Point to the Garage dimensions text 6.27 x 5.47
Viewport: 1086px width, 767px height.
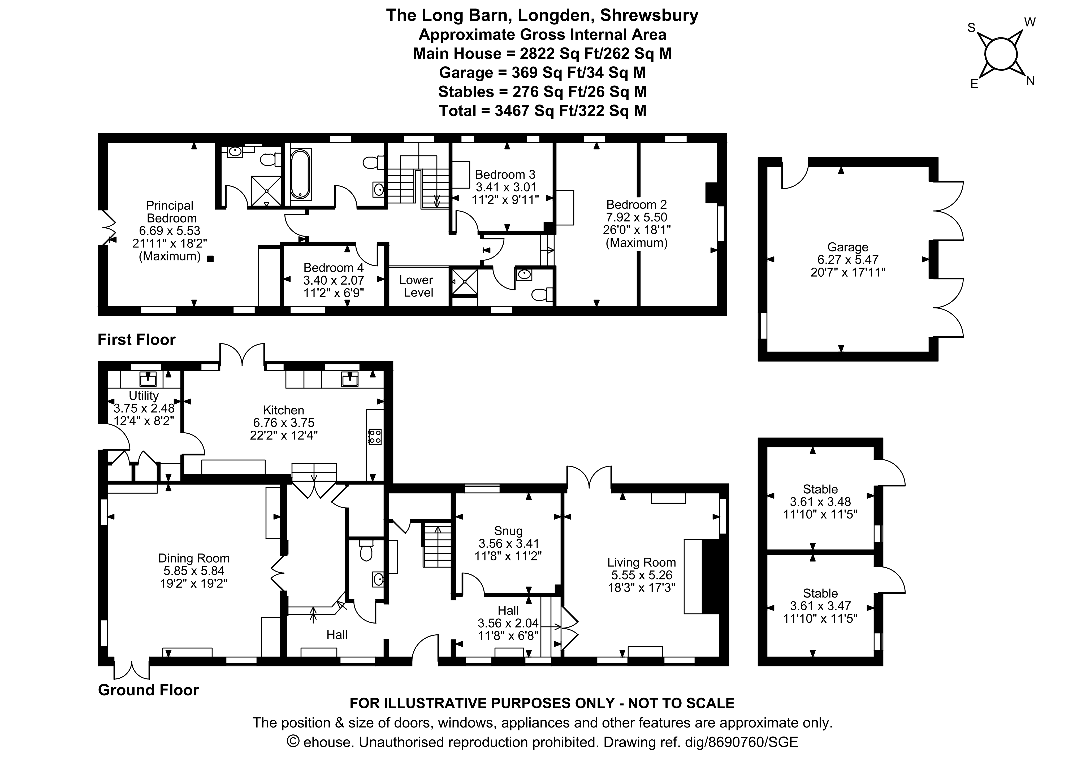pos(848,260)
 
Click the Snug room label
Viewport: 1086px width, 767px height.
pos(508,531)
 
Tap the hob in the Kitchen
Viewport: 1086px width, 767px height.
pos(375,437)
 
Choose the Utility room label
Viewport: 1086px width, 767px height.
pos(144,395)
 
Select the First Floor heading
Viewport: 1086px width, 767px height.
pos(137,339)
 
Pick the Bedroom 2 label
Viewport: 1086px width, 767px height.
pos(637,205)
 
